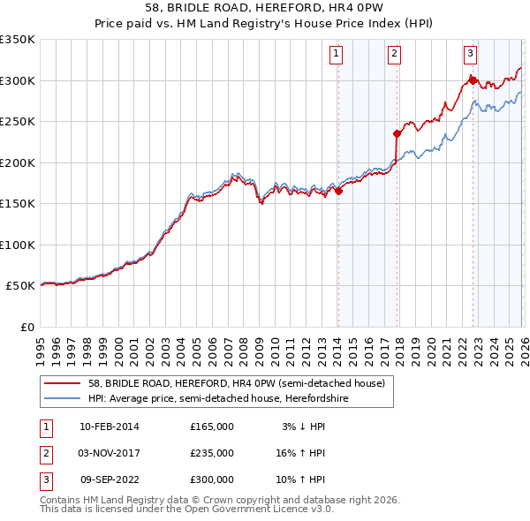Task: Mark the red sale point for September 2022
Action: [473, 80]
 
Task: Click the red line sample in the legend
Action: [63, 384]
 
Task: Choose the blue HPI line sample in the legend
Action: [63, 398]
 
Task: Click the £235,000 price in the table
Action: [211, 453]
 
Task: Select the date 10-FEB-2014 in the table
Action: [109, 427]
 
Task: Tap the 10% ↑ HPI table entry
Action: [302, 479]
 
